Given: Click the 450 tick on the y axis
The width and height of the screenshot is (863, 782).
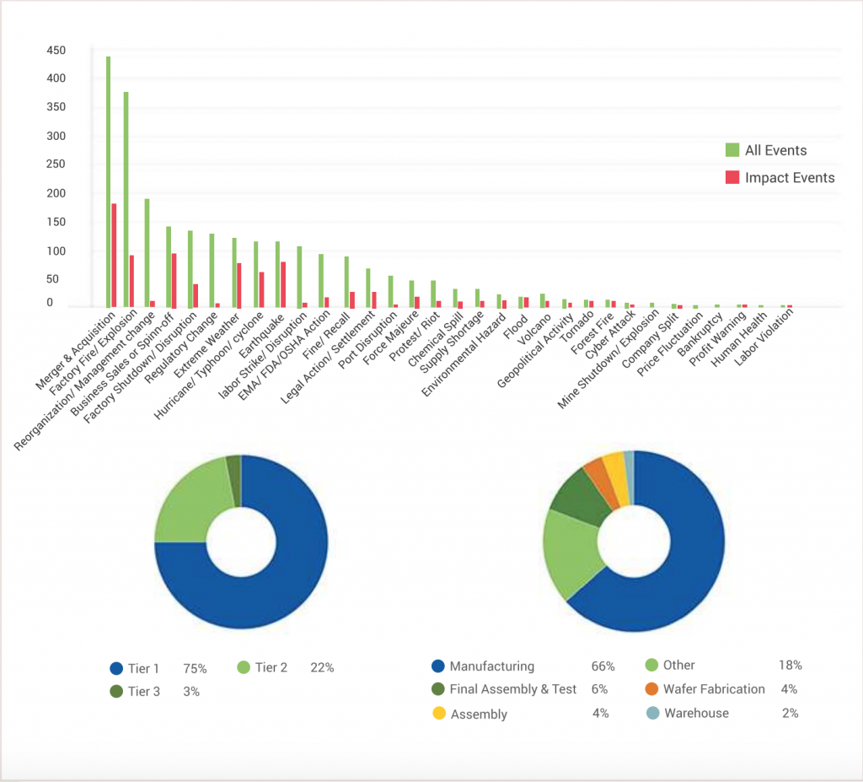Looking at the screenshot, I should [56, 51].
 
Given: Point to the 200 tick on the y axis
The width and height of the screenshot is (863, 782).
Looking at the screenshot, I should [56, 193].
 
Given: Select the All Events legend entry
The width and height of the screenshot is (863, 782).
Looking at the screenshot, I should [766, 150].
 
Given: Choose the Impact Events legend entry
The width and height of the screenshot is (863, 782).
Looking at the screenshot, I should [780, 177].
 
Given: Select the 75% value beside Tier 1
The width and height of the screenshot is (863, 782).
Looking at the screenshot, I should [196, 667].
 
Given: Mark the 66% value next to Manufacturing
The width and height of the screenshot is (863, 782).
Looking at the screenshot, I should [603, 666].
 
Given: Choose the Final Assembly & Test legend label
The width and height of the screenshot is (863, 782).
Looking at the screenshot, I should [512, 689].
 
